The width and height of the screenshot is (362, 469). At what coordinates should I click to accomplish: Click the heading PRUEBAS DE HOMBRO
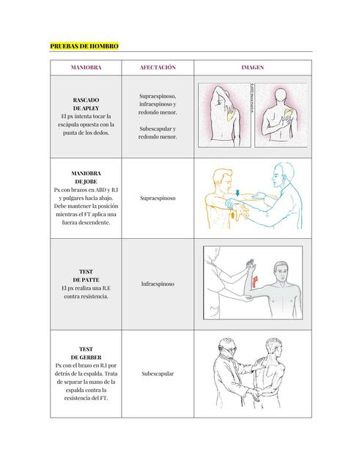(84, 46)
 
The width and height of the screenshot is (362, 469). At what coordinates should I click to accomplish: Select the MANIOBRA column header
(86, 67)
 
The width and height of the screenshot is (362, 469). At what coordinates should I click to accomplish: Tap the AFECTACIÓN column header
(158, 67)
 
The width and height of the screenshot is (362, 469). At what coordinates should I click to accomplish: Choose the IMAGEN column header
(253, 67)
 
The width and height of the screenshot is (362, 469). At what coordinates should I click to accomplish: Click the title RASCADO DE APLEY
(86, 103)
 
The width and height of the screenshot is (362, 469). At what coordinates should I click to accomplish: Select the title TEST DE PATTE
(86, 276)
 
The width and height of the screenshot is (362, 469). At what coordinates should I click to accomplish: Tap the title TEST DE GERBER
(86, 353)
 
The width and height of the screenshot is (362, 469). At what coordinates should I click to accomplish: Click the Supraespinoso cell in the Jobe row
(158, 198)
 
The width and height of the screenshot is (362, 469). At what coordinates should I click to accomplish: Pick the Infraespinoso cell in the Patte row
(158, 284)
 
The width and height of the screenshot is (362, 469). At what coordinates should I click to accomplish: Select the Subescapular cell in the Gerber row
(158, 374)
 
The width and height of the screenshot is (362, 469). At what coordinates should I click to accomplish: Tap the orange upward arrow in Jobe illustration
(234, 215)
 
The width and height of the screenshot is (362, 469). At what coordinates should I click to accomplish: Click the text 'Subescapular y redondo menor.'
(158, 132)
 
